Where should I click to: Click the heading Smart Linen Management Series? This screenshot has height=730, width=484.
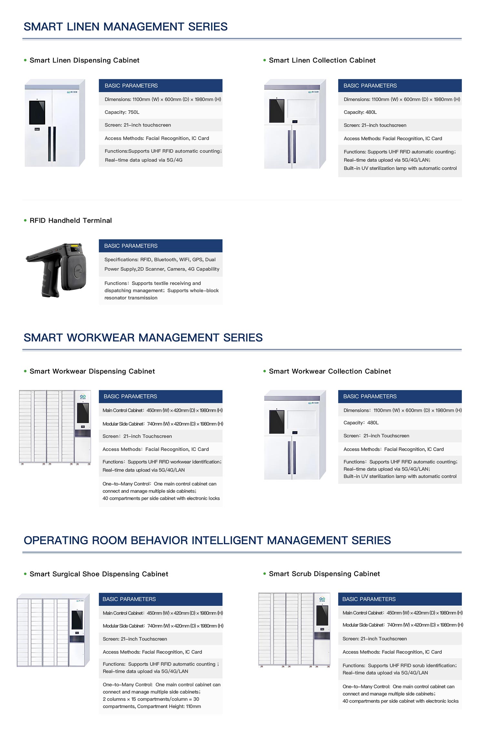[126, 27]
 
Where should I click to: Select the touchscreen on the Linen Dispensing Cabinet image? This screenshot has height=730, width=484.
[37, 112]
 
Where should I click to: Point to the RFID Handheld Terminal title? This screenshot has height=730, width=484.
[71, 221]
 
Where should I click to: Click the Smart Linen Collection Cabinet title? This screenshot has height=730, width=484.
[322, 60]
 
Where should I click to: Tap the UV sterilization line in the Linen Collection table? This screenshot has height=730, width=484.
[400, 168]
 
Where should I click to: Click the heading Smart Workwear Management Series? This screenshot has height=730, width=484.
[143, 338]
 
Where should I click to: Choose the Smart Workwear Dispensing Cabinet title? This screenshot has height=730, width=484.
[92, 371]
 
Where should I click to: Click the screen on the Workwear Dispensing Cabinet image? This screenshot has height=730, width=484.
[83, 413]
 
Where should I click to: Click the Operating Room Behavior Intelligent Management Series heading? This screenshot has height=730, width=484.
[207, 541]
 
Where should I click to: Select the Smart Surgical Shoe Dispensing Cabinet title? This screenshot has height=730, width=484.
[99, 574]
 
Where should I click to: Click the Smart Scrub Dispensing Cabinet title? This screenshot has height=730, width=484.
[324, 574]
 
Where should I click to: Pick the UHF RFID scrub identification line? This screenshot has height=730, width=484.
[399, 666]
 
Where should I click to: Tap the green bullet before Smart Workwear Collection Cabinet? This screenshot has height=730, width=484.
[265, 371]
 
